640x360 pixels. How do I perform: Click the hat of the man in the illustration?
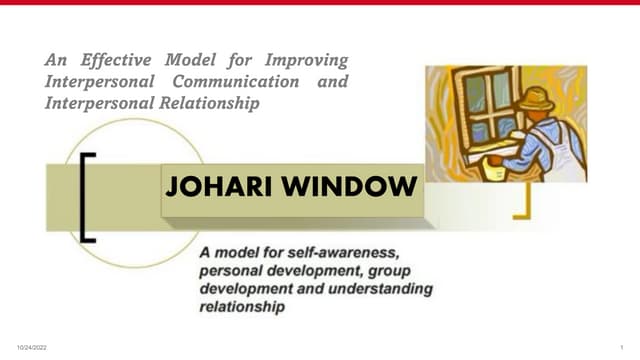coord(539,97)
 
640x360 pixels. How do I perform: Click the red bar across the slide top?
coord(320,3)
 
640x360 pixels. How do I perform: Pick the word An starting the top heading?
coord(55,61)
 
